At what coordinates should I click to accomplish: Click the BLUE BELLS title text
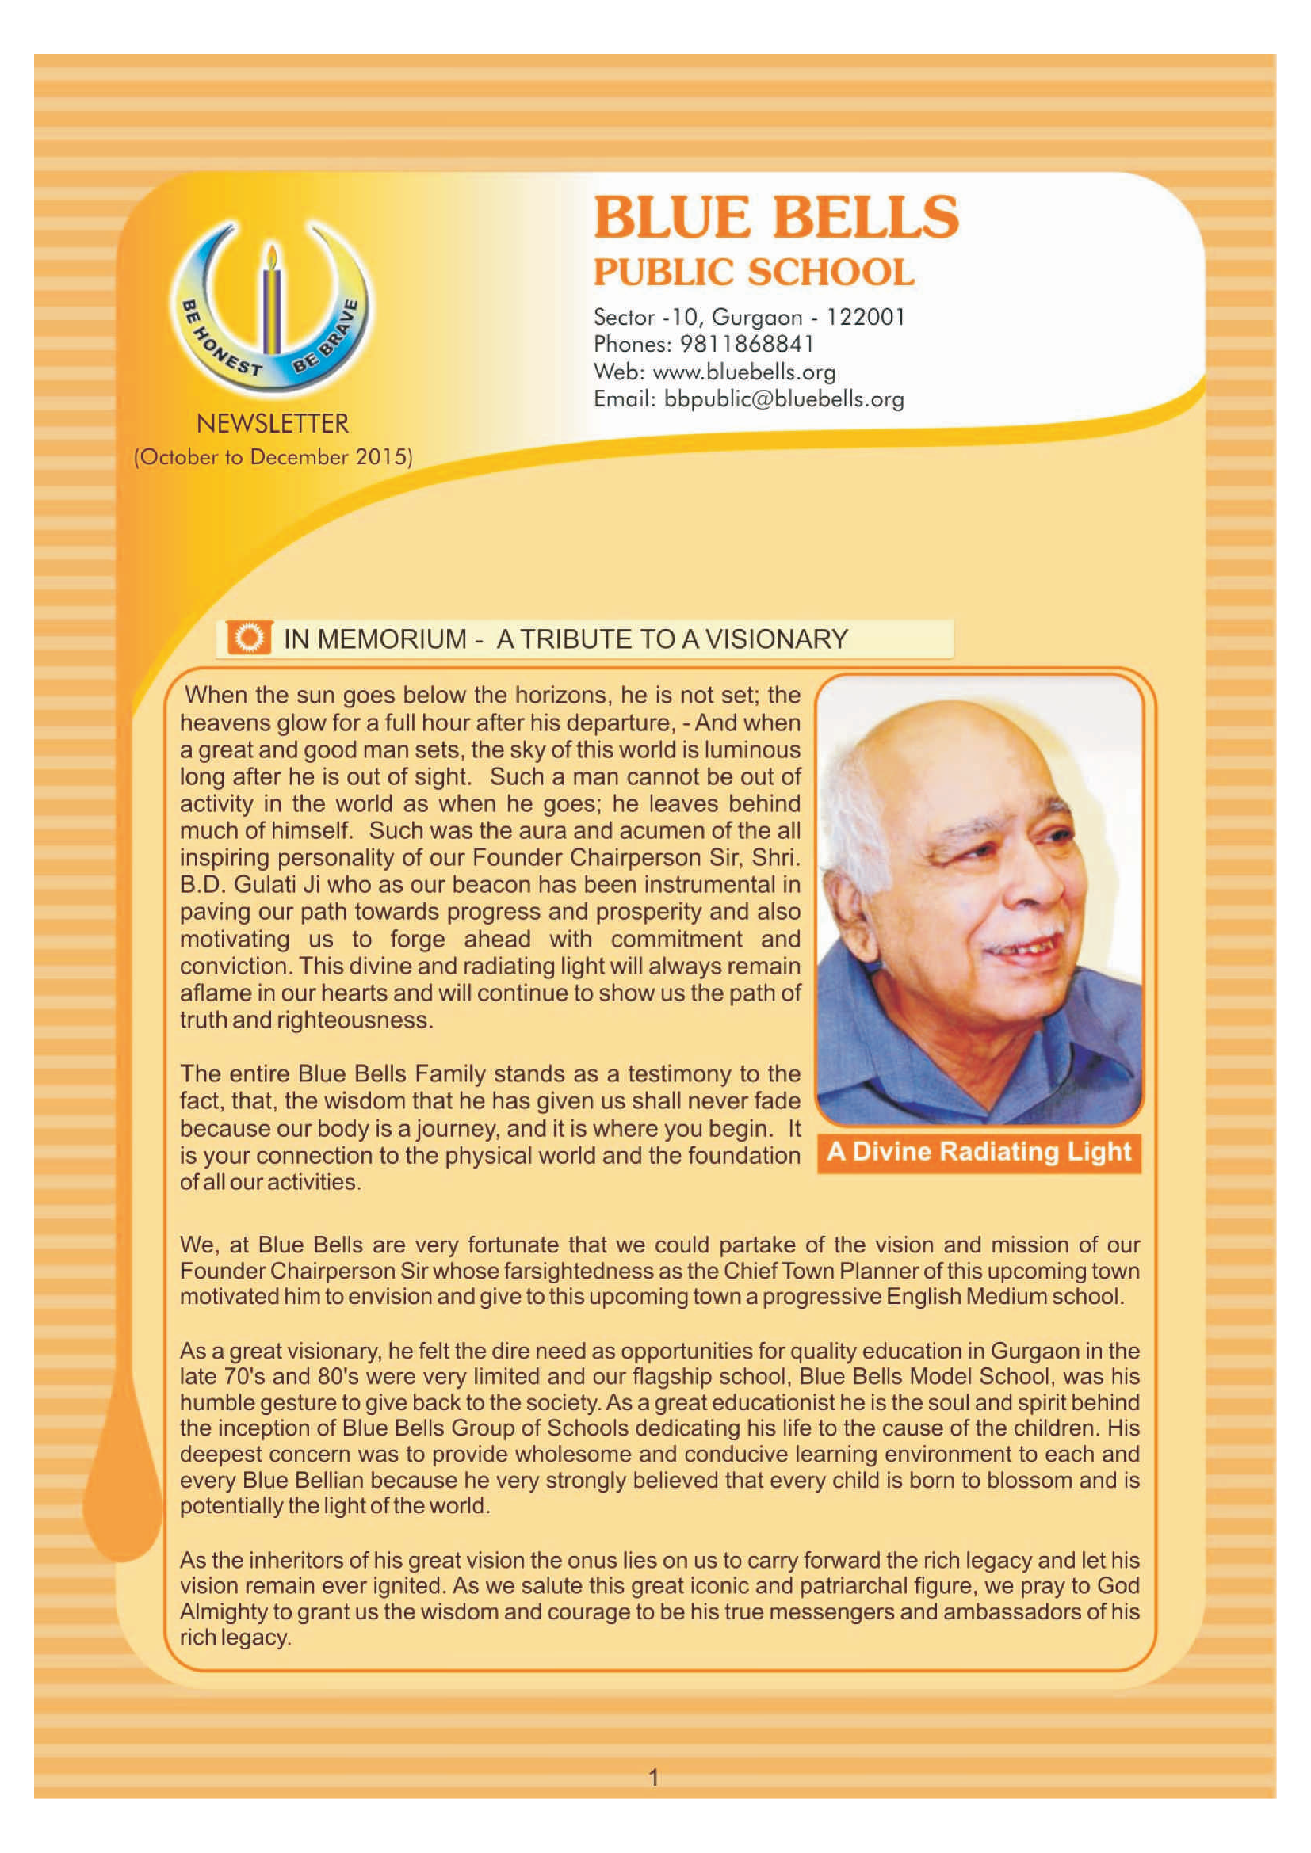tap(776, 218)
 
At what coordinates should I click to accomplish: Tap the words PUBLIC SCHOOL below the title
tap(754, 273)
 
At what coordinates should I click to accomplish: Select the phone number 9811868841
tap(747, 345)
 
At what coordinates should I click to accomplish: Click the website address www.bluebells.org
tap(743, 372)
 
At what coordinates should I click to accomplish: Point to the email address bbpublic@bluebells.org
tap(783, 399)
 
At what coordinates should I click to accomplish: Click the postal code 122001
tap(865, 317)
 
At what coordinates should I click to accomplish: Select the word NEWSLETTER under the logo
tap(273, 424)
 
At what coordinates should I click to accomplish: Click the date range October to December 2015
tap(273, 458)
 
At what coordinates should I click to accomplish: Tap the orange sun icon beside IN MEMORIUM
tap(250, 639)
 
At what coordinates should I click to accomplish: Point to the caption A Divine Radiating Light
tap(978, 1152)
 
